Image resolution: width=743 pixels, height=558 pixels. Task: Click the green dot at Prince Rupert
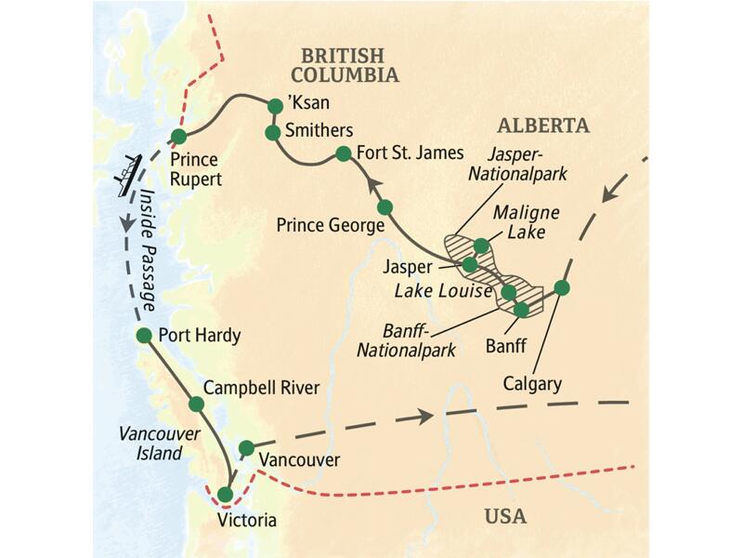pyautogui.click(x=177, y=138)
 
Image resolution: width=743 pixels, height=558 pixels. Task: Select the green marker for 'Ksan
pyautogui.click(x=274, y=106)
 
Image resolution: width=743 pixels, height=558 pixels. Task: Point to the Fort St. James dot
pyautogui.click(x=343, y=153)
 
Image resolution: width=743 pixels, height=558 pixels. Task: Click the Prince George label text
pyautogui.click(x=331, y=225)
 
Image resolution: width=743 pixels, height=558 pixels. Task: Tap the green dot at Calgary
pyautogui.click(x=561, y=287)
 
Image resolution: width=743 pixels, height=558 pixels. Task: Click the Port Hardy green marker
pyautogui.click(x=144, y=335)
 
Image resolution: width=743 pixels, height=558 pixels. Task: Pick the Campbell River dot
pyautogui.click(x=196, y=405)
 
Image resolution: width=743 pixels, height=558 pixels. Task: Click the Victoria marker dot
pyautogui.click(x=225, y=494)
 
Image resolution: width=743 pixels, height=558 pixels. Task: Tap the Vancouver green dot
pyautogui.click(x=246, y=448)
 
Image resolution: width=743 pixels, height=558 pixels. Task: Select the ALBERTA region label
pyautogui.click(x=542, y=126)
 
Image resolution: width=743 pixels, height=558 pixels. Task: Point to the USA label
pyautogui.click(x=505, y=516)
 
